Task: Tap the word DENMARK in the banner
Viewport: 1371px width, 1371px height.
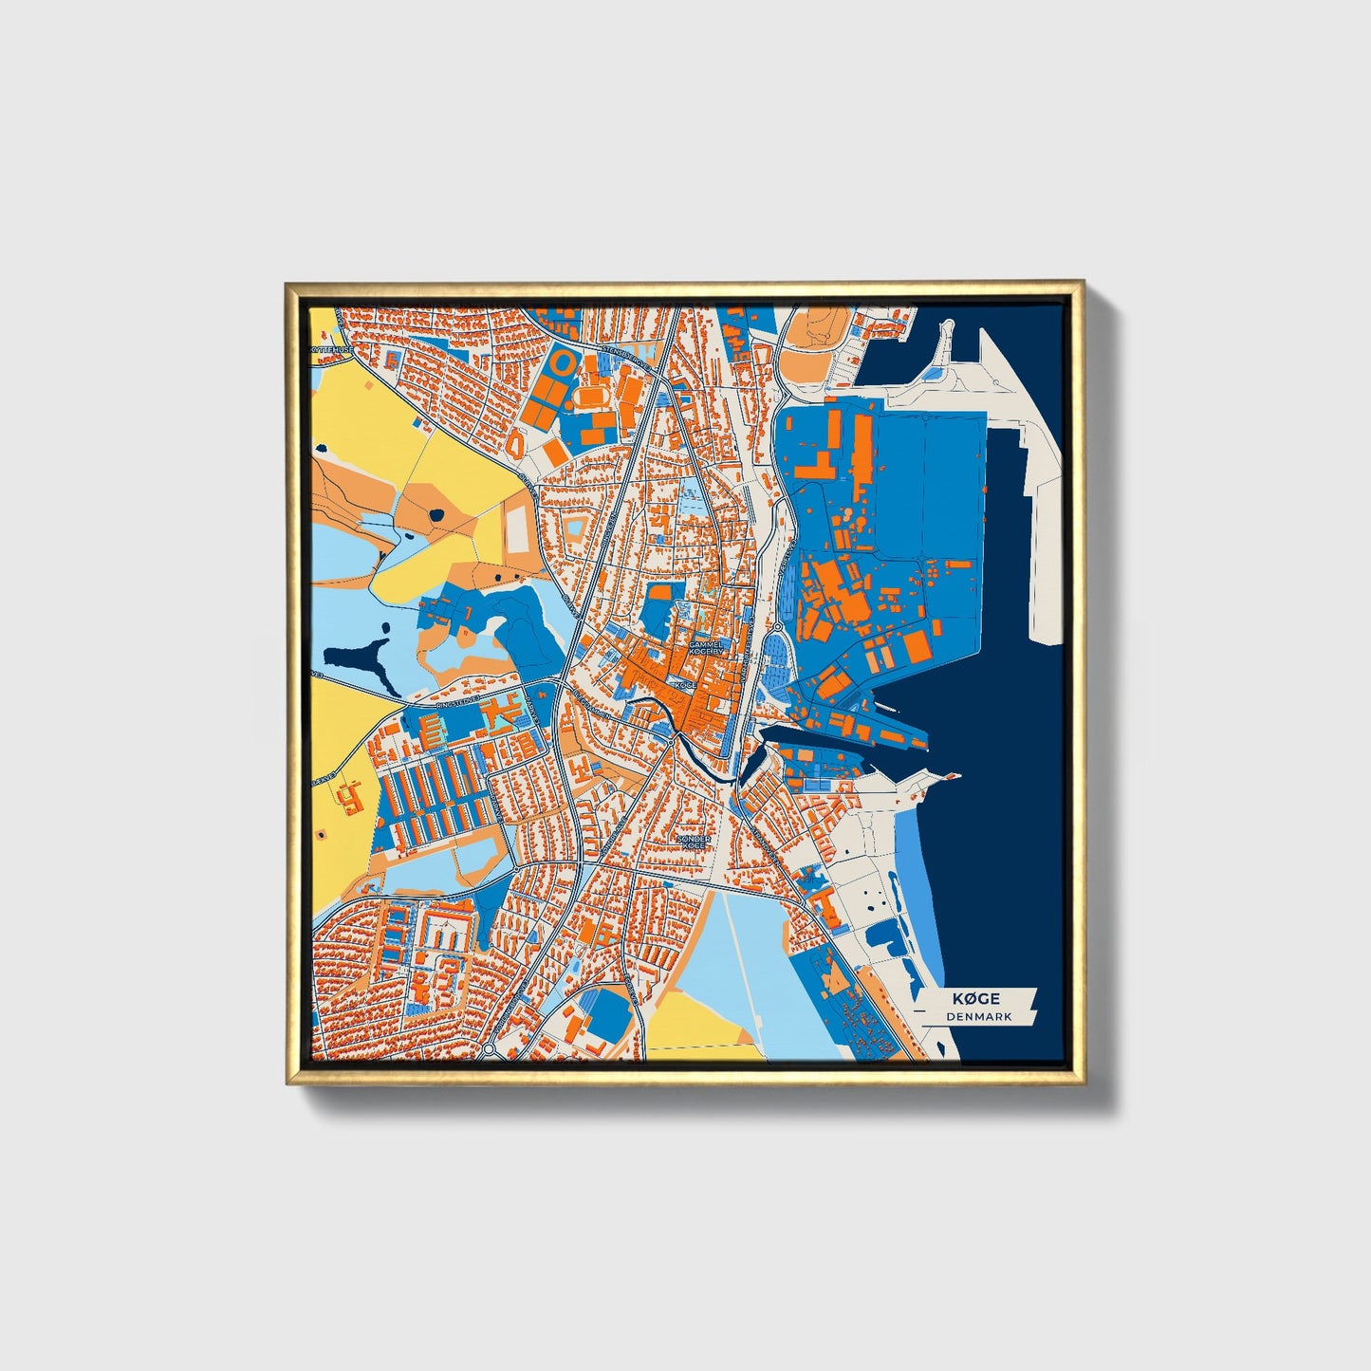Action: pos(978,1016)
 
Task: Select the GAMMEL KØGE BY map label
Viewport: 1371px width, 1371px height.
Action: pos(706,648)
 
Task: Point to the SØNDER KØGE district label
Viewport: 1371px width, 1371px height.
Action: pos(694,842)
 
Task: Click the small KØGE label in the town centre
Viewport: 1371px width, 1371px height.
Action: pos(684,683)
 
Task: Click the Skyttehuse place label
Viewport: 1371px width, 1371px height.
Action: pos(331,348)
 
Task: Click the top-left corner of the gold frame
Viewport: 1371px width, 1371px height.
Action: pos(287,285)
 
